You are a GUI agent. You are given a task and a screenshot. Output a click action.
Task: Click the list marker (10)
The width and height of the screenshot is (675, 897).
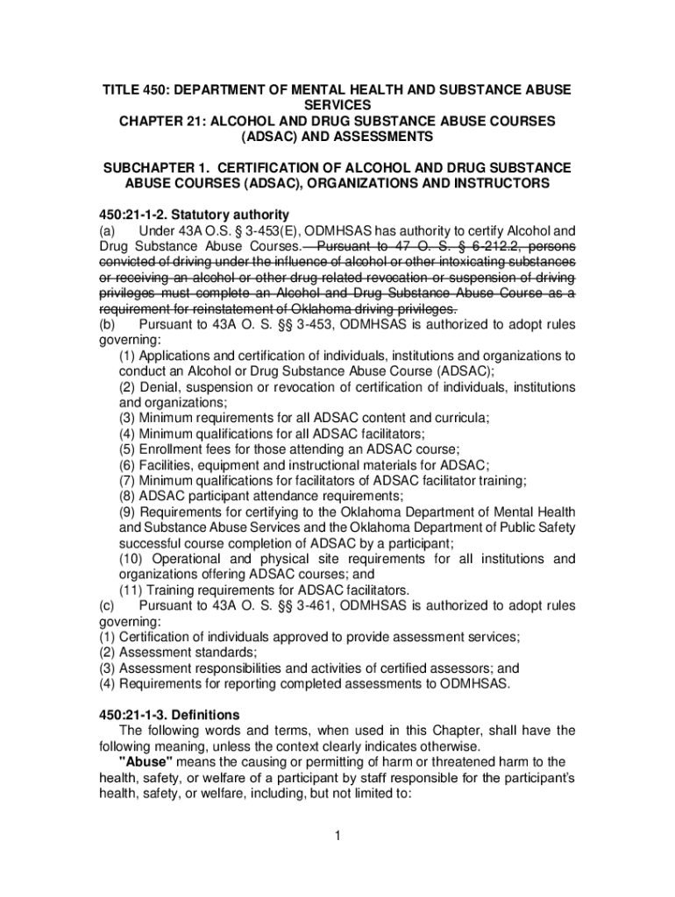(x=132, y=559)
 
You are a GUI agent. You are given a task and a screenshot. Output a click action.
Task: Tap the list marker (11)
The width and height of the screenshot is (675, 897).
(x=131, y=590)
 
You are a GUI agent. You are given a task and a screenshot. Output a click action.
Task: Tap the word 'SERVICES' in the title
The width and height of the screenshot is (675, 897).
(x=337, y=105)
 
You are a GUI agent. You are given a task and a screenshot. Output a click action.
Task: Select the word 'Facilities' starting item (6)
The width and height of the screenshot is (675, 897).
(x=168, y=465)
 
